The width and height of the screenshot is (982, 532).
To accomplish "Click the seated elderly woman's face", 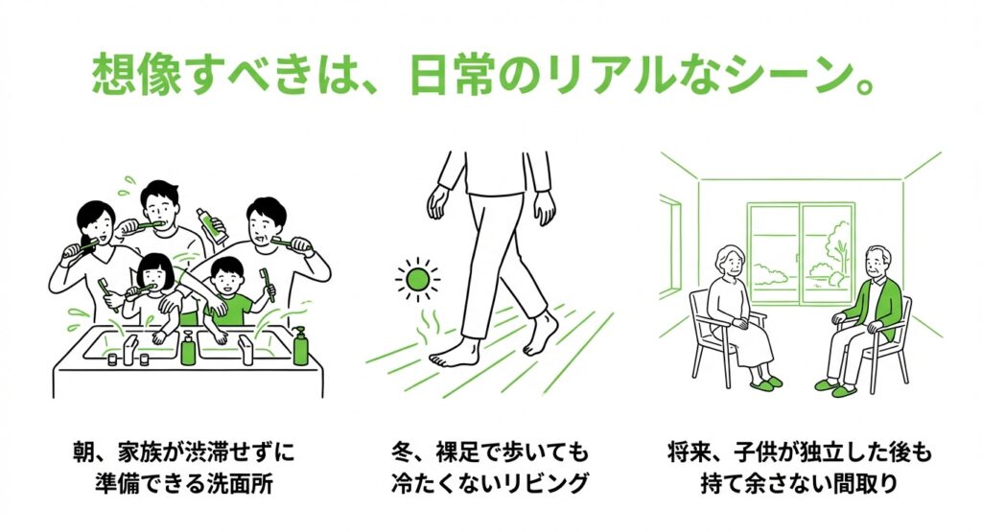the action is (x=730, y=263).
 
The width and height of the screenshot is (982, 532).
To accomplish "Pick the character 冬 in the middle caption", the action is (x=402, y=451).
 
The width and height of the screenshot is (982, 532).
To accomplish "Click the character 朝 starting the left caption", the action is (x=83, y=451).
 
